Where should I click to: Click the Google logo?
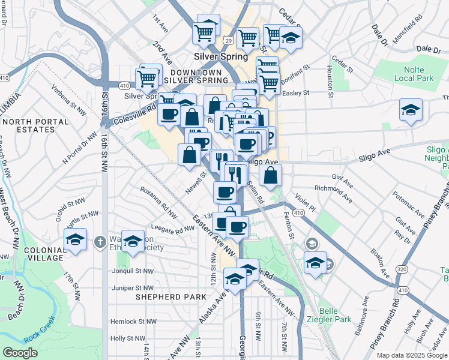tap(20, 353)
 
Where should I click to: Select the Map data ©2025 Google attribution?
tap(411, 355)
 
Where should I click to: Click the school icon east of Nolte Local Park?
tap(411, 110)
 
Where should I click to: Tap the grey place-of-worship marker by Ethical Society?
tap(100, 242)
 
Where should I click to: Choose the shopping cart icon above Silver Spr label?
tap(147, 77)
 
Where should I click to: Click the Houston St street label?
tap(330, 81)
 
